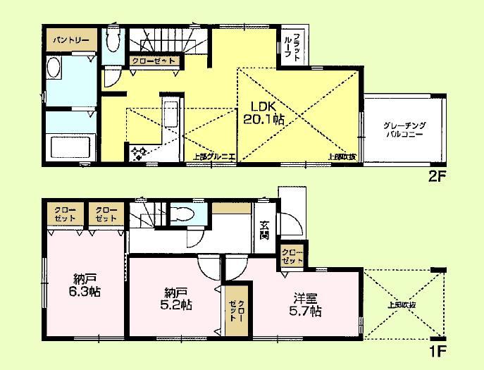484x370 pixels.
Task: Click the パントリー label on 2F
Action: point(69,40)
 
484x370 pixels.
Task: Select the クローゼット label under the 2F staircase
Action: point(154,61)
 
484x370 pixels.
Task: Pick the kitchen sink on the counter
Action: point(169,113)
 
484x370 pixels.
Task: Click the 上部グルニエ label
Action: point(214,157)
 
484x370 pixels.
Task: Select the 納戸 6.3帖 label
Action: point(84,283)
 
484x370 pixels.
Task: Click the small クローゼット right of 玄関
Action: point(291,256)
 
